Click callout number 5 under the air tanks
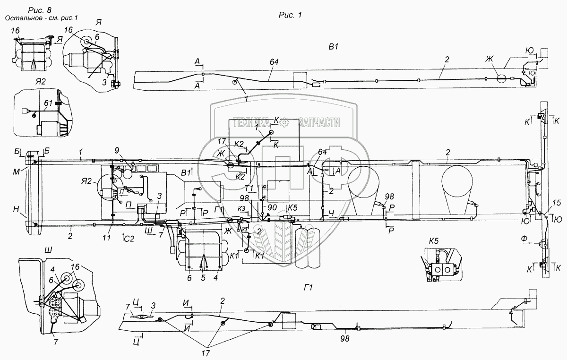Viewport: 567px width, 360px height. pos(203,278)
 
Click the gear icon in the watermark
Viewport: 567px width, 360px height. pos(284,122)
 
